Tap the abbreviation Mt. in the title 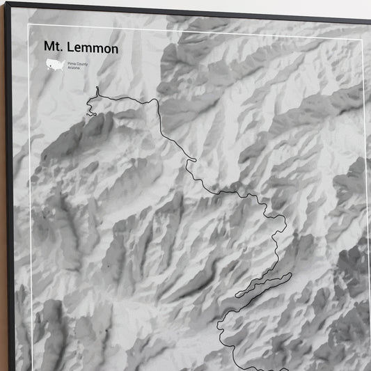click(54, 48)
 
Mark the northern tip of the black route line click(97, 88)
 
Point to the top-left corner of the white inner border click(29, 25)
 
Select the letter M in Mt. click(49, 48)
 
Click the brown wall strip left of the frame click(2, 209)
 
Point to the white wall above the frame click(209, 5)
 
